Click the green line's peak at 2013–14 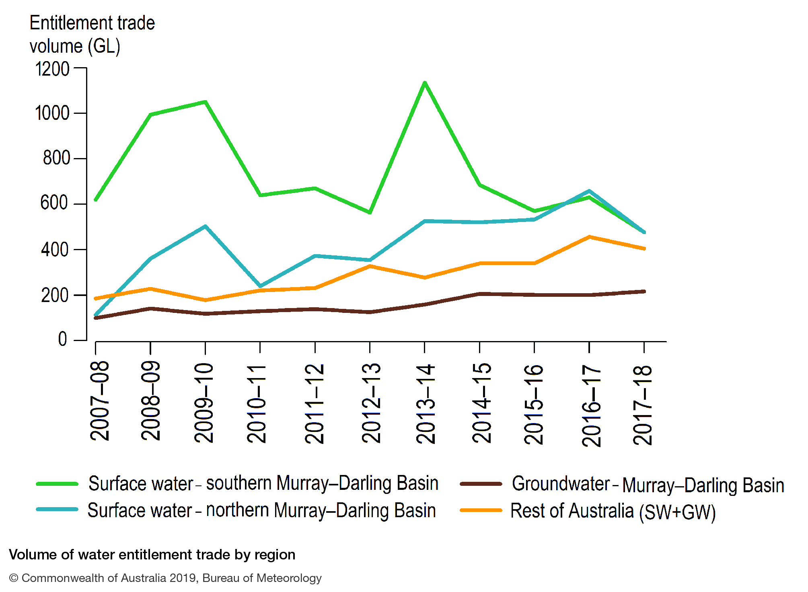[x=424, y=83]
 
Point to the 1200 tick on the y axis [x=52, y=69]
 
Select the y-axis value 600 [x=54, y=203]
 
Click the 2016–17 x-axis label [x=591, y=405]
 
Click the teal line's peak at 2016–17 [x=589, y=191]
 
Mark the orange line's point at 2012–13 [x=370, y=266]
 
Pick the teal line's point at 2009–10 [x=205, y=226]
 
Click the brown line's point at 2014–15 [x=479, y=294]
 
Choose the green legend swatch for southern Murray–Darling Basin [x=57, y=484]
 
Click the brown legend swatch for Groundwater [x=481, y=484]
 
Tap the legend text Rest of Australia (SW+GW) [x=613, y=511]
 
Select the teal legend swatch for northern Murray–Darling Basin [x=57, y=510]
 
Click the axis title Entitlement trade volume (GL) [x=92, y=35]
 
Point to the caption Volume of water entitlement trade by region [x=152, y=555]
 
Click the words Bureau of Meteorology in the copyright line [x=262, y=578]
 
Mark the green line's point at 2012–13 [x=370, y=212]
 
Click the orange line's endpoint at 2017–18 [x=644, y=249]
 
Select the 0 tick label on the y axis [x=62, y=339]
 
